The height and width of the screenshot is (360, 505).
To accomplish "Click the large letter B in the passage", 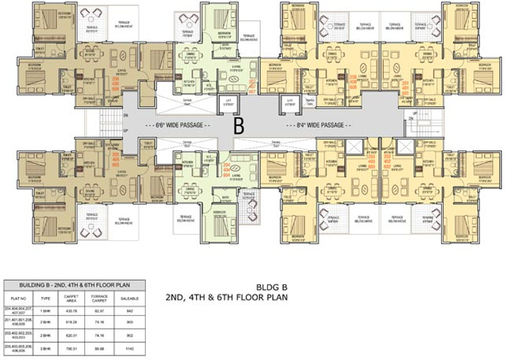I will click(x=239, y=126).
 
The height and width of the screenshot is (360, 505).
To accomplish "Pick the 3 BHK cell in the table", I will click(x=48, y=349).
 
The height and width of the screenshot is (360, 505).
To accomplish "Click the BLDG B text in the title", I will click(x=267, y=287).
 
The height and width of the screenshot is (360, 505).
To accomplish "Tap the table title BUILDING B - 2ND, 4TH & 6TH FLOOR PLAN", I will click(x=74, y=285).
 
